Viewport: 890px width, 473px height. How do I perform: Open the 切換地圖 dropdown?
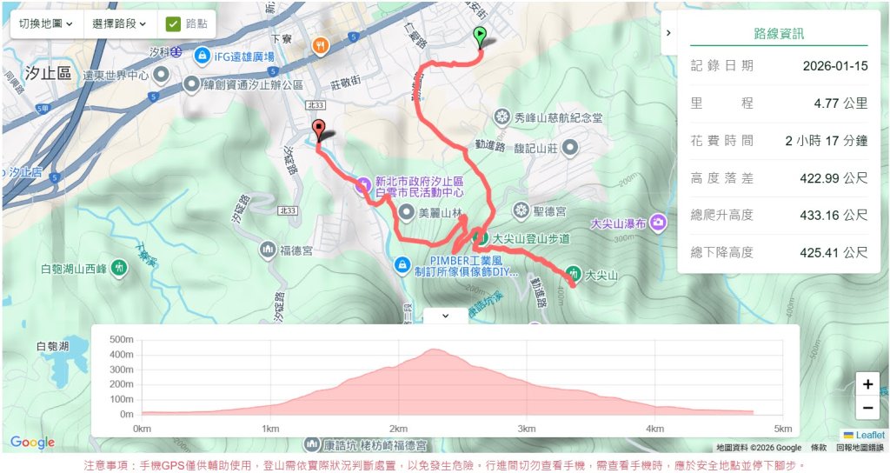(47, 23)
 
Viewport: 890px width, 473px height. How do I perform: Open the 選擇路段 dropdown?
(119, 23)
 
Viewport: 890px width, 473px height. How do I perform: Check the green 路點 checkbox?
(173, 23)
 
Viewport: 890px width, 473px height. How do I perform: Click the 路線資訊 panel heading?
(778, 34)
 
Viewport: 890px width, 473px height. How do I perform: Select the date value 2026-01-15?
(834, 65)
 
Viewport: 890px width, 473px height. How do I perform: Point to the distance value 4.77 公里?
(840, 103)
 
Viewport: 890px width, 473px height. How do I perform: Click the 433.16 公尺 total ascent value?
(834, 215)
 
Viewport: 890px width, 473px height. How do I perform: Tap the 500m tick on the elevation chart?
(121, 340)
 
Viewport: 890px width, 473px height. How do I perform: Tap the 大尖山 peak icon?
(574, 273)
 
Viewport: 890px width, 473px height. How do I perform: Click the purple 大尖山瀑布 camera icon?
(661, 223)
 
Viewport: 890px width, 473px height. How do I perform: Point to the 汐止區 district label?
(49, 73)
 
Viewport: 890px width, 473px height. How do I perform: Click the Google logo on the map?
(33, 443)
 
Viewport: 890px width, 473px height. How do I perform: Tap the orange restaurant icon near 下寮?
(321, 45)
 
